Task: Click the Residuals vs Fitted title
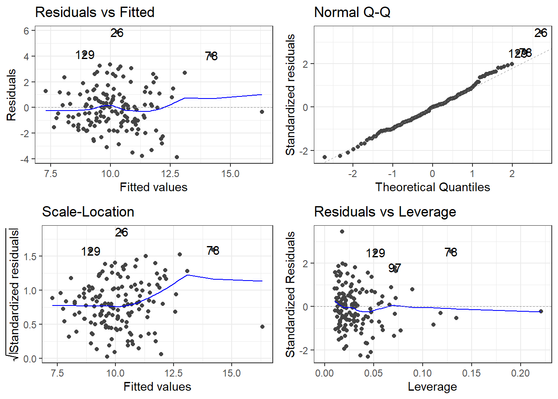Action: pos(95,12)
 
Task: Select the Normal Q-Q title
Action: pos(352,12)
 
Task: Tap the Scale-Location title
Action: pos(88,212)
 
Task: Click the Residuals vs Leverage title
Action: pos(385,212)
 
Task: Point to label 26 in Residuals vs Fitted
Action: pos(117,33)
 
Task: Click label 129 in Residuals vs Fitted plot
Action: pos(85,55)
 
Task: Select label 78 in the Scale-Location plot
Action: pos(213,251)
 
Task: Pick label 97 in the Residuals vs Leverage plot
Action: pos(395,268)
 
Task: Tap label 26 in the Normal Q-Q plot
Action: pos(541,33)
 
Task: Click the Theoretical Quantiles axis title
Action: pos(432,187)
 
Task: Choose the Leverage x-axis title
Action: pos(432,387)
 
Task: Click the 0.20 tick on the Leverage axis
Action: pos(520,373)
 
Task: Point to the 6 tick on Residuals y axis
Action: pos(27,31)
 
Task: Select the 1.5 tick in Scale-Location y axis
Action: pos(30,256)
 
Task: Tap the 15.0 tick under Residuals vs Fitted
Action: pos(230,174)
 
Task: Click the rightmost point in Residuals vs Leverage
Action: pos(541,311)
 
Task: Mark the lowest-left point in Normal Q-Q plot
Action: pos(325,158)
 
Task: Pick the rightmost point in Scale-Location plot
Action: pos(262,327)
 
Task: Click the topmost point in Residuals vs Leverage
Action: pos(342,232)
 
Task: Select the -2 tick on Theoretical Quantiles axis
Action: pos(352,174)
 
